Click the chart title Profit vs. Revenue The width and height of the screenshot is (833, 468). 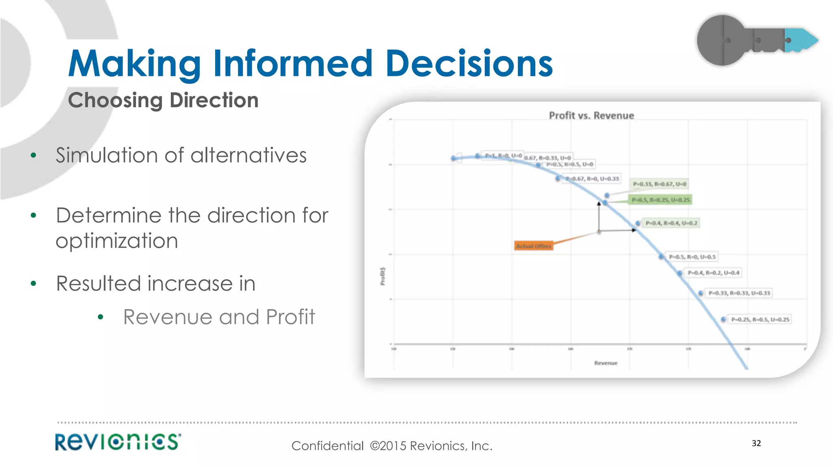591,116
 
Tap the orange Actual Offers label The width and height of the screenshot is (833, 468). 533,246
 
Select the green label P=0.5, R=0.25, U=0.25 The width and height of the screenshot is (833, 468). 661,200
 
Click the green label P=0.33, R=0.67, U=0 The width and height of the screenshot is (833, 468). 659,184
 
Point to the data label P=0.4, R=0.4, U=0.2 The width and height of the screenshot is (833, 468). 671,223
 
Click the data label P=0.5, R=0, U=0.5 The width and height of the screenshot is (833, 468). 692,257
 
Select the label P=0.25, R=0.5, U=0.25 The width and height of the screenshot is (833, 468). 760,320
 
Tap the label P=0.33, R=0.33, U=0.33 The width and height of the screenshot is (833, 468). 739,293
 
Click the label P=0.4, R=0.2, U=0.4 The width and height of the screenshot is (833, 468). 713,273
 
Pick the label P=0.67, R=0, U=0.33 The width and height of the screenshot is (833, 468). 592,179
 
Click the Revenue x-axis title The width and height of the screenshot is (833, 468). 606,363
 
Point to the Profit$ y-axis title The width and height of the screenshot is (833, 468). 383,276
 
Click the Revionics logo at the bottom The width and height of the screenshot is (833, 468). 118,442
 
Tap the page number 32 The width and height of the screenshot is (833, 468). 756,443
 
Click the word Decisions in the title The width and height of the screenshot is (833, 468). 469,63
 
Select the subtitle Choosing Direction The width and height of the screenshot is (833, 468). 163,100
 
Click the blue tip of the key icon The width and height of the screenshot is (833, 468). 803,40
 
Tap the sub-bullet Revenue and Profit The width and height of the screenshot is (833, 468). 219,317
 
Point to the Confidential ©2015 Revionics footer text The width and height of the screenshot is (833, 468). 392,446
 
